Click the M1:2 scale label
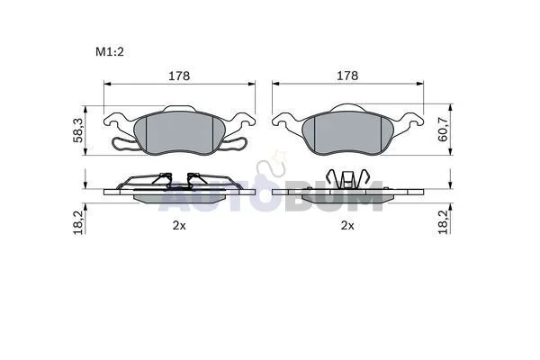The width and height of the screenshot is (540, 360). click(110, 52)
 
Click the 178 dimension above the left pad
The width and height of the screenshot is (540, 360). click(179, 76)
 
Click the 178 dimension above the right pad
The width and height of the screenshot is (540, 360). click(347, 76)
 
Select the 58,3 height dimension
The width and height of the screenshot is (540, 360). click(77, 130)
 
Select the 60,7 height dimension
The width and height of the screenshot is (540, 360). click(443, 130)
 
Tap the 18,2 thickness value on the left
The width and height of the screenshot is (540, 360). click(77, 222)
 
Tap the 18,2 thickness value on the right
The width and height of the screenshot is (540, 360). click(443, 222)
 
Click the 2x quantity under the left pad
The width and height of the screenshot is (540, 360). click(179, 226)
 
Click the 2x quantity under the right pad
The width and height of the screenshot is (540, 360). click(347, 226)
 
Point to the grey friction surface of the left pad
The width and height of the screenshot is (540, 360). click(179, 132)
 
